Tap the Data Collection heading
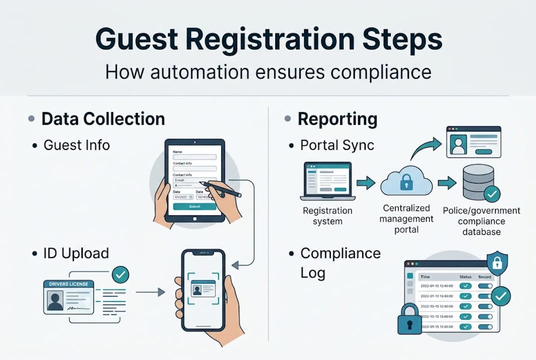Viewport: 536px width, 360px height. coord(103,119)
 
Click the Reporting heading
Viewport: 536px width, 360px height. coord(337,119)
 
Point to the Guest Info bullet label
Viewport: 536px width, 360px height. coord(76,145)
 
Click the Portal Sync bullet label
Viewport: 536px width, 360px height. coord(336,145)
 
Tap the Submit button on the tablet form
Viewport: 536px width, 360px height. coord(194,206)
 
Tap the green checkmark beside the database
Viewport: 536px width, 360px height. coord(493,193)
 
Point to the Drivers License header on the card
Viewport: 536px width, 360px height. coord(69,284)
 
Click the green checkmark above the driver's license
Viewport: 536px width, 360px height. coord(120,274)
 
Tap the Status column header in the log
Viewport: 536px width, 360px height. coord(465,277)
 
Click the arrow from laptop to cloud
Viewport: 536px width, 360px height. coord(366,182)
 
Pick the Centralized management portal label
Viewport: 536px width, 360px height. coord(406,218)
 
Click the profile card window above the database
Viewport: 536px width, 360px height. coord(473,142)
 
